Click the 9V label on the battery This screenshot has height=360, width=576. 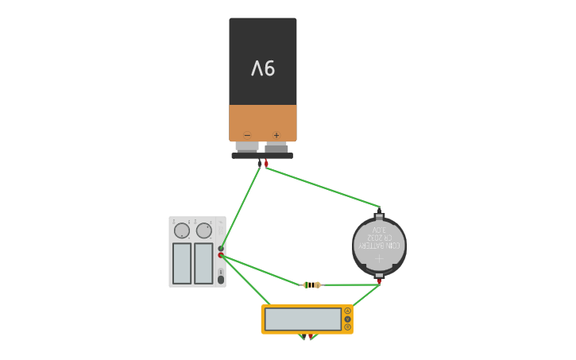pos(263,69)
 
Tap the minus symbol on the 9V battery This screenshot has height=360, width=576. pos(247,135)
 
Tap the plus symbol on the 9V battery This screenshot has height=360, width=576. pos(276,135)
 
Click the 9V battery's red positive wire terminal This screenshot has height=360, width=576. pos(266,163)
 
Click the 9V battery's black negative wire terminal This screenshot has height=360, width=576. pos(259,163)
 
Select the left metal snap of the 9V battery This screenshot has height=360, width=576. pos(247,147)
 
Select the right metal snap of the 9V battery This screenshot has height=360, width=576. pos(276,147)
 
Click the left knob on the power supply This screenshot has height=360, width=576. pos(182,230)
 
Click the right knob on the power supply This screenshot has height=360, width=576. pos(204,230)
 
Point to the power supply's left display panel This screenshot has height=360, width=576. pos(182,263)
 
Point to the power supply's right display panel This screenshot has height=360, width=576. pos(203,263)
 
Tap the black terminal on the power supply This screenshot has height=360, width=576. pos(221,249)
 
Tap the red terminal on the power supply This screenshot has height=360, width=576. pos(221,255)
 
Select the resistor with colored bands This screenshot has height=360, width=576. pos(312,285)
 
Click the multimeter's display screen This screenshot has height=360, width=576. pos(303,319)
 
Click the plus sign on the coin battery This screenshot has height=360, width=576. pos(379,258)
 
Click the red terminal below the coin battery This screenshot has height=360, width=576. pos(379,281)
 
